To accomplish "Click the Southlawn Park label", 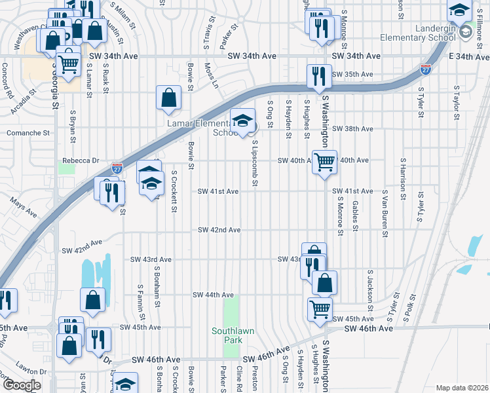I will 233,335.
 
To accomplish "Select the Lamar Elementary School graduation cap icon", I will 243,121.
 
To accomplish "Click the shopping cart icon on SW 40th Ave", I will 324,161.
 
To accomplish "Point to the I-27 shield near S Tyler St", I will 425,67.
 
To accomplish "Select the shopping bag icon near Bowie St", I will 168,98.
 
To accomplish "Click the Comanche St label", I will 28,132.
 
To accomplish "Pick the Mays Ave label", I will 23,209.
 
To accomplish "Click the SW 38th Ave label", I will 352,129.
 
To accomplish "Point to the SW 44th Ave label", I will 213,295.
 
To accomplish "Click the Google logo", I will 22,385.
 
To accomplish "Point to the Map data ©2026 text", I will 462,388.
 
